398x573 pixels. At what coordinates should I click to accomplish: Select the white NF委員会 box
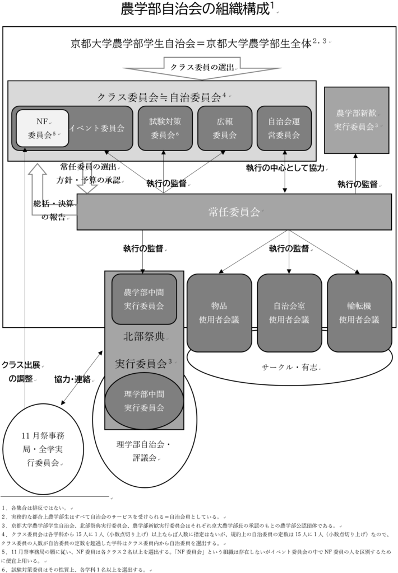point(42,128)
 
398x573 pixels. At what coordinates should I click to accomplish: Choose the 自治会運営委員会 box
point(284,128)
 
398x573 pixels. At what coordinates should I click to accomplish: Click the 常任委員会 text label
point(233,212)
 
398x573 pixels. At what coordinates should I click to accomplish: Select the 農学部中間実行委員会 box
point(144,299)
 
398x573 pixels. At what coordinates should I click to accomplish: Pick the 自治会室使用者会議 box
point(289,313)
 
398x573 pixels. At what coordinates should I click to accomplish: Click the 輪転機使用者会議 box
point(359,313)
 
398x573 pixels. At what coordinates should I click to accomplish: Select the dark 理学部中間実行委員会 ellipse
point(144,401)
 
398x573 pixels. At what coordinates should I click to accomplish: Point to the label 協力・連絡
point(72,379)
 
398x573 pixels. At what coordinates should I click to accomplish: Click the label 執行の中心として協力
point(285,168)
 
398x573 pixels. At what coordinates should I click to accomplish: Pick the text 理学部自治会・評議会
point(145,451)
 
